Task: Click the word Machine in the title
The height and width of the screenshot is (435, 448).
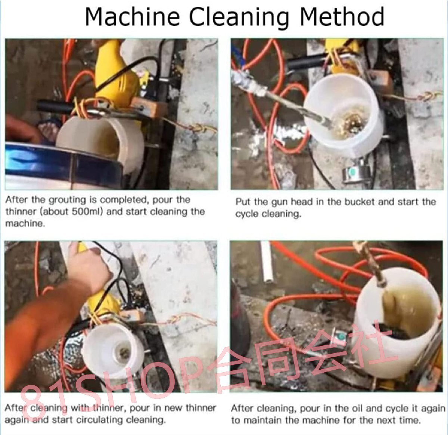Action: (133, 17)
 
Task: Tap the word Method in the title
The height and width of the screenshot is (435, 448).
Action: (342, 17)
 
